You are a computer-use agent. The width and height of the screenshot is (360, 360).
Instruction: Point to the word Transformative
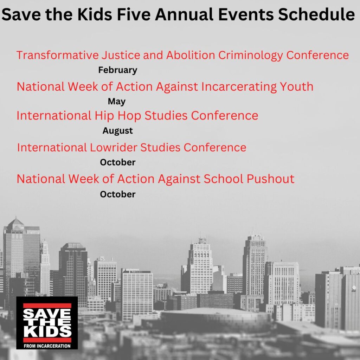tap(58, 55)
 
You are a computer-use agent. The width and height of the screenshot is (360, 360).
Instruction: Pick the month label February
tap(118, 70)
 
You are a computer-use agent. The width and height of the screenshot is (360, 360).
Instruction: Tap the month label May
tap(117, 102)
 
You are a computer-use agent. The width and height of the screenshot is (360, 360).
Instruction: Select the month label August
tap(118, 131)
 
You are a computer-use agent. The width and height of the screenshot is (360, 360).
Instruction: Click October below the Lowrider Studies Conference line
tap(118, 162)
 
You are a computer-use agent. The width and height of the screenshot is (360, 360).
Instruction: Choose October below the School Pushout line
tap(118, 194)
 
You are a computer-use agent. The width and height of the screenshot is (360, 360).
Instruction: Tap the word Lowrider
tap(112, 147)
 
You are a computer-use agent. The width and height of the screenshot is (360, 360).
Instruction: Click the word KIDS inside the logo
tap(47, 332)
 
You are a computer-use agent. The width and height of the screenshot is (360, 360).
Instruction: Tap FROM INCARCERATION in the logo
tap(47, 346)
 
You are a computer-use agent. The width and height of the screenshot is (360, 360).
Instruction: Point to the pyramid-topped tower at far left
tap(15, 225)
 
